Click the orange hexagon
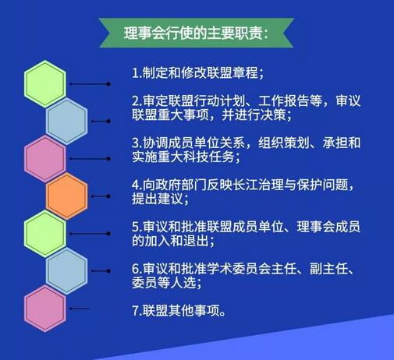[67, 196]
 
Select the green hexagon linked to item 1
[45, 84]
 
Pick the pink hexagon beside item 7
[45, 309]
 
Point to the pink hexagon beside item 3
[45, 159]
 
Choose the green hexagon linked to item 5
[45, 234]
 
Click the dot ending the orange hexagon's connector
[108, 196]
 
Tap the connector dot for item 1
[108, 84]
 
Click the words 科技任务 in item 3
[208, 157]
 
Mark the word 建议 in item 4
[170, 199]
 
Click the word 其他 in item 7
[181, 311]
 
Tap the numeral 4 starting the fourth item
[135, 185]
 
